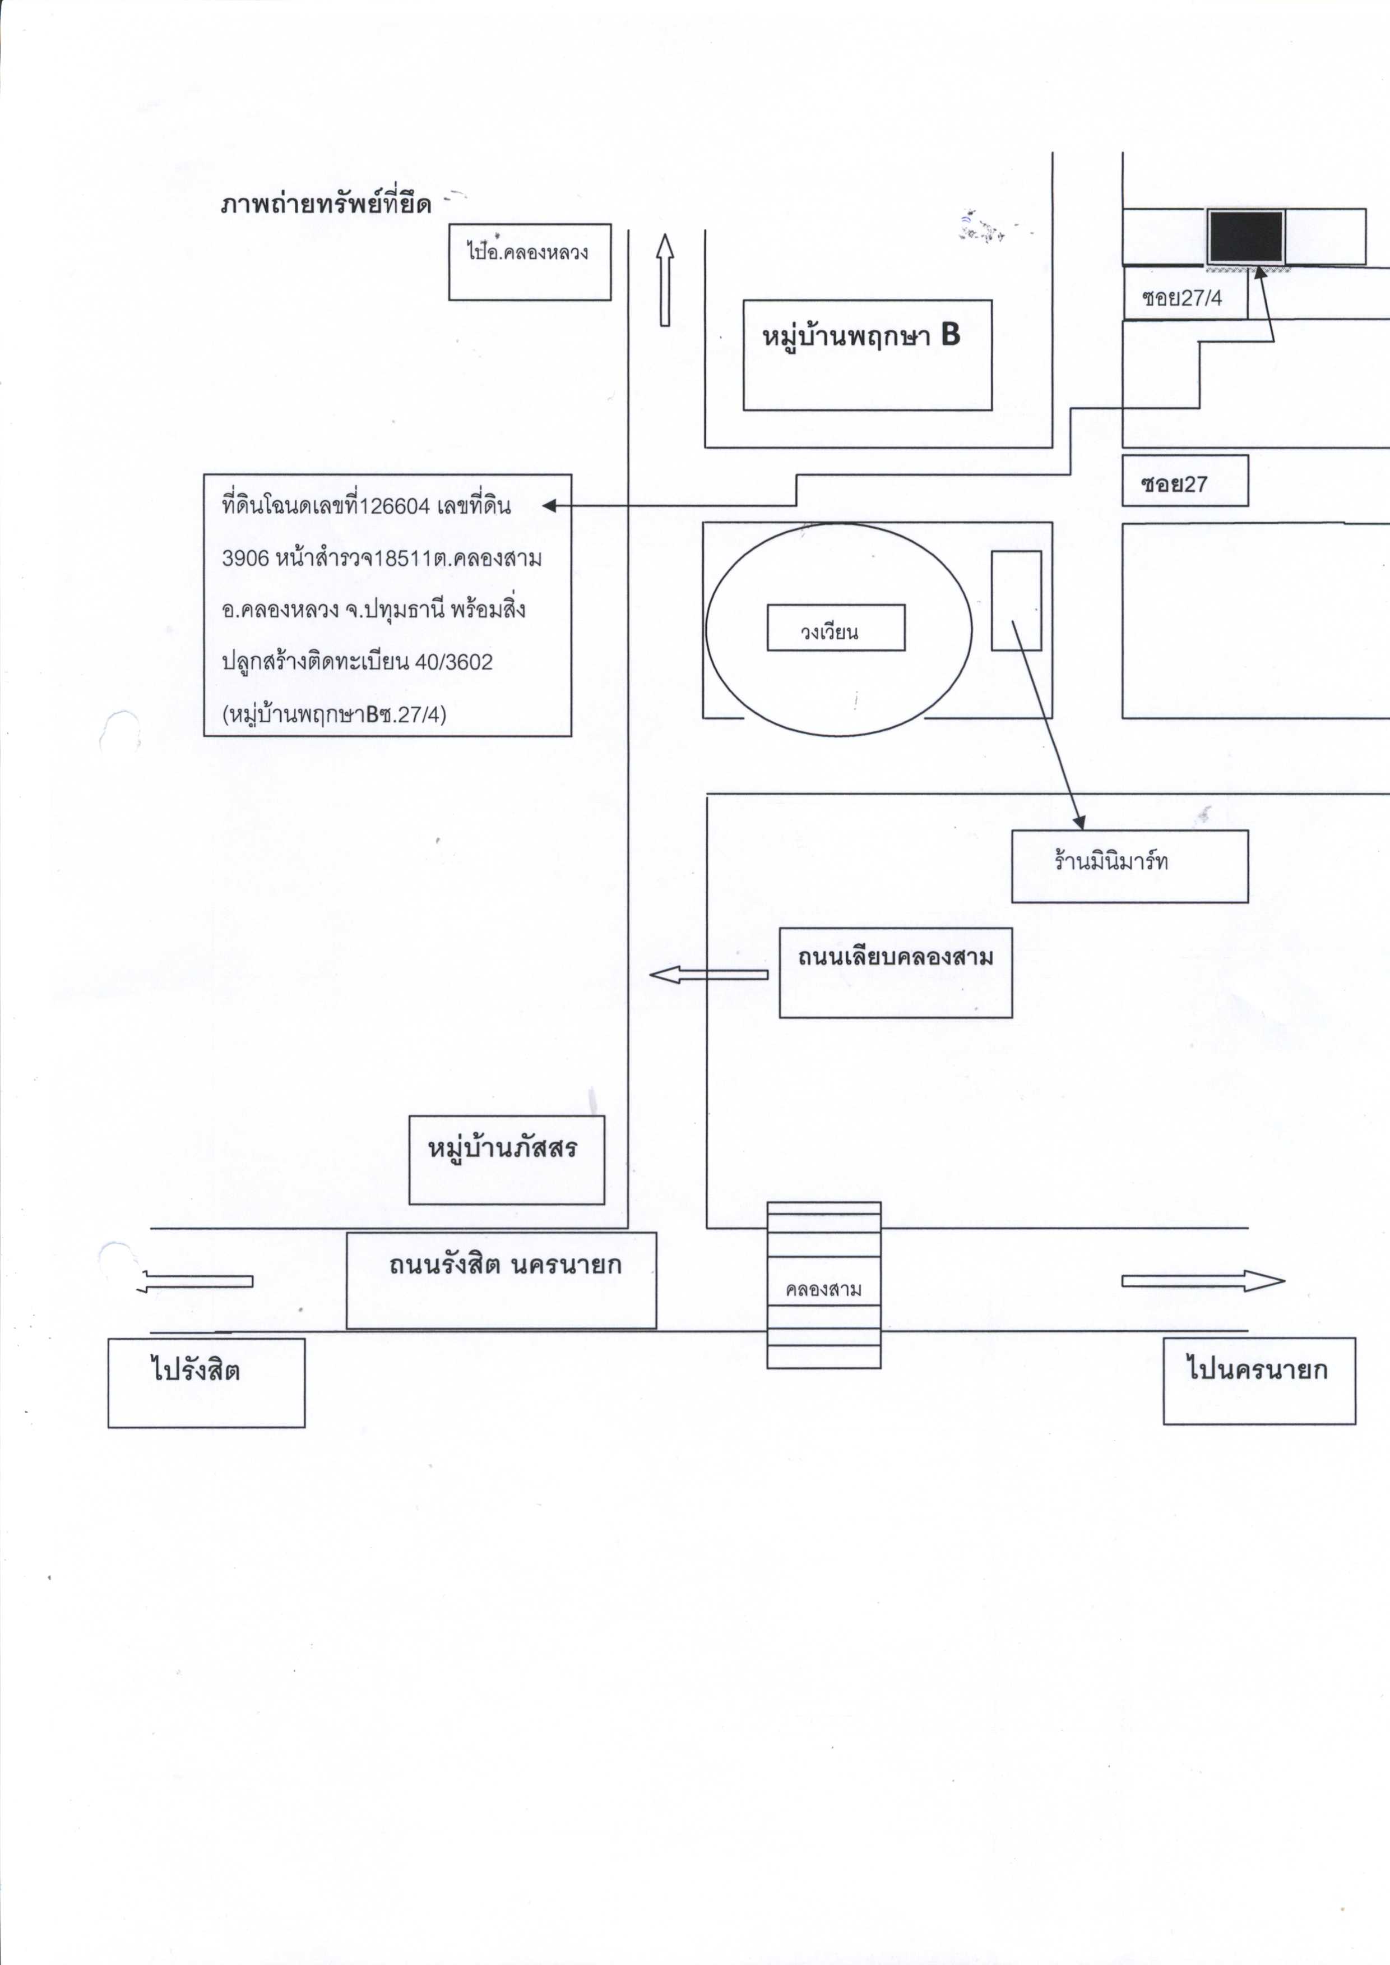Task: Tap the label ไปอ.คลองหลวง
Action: pos(527,251)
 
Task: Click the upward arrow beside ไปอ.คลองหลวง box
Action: pos(664,280)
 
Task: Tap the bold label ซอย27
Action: pos(1174,484)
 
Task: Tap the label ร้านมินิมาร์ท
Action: pos(1111,860)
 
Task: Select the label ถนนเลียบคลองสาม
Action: pos(895,956)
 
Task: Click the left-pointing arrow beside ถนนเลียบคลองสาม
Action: pos(708,974)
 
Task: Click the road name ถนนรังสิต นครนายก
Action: pos(505,1266)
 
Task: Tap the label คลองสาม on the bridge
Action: pos(823,1289)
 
